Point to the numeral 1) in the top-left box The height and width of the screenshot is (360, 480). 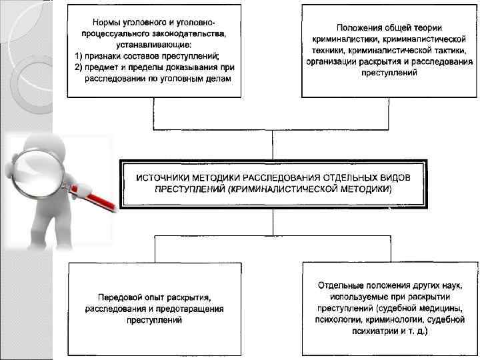(79, 55)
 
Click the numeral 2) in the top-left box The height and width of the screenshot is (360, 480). (79, 67)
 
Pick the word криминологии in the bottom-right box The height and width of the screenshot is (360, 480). (387, 319)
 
